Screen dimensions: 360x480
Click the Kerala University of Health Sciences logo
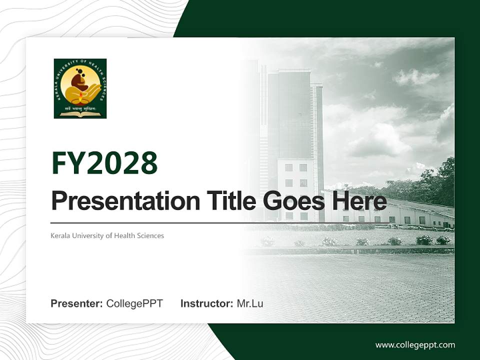(80, 88)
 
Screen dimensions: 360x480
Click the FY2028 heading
(104, 163)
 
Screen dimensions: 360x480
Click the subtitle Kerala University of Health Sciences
(107, 235)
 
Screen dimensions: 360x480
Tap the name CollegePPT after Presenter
(134, 303)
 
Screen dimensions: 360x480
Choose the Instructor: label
(206, 303)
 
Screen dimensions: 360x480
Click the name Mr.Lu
(250, 303)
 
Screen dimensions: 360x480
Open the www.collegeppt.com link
(415, 345)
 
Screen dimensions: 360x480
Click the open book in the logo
(80, 114)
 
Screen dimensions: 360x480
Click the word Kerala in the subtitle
(60, 235)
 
